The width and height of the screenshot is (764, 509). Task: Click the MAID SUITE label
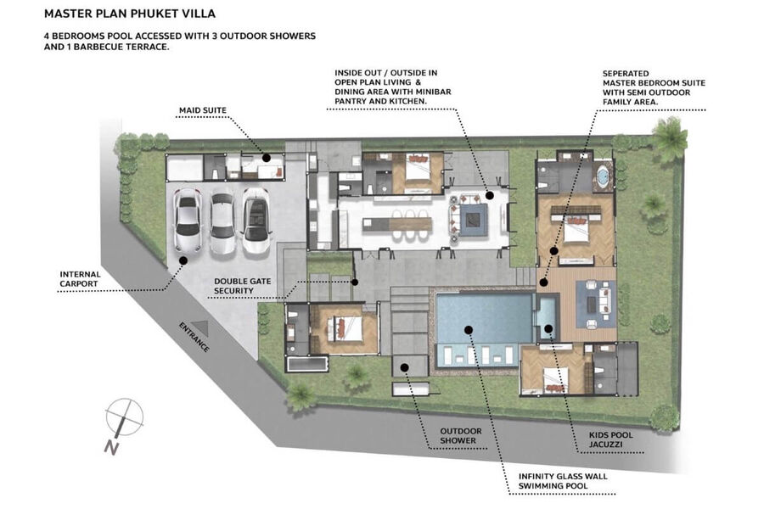(203, 110)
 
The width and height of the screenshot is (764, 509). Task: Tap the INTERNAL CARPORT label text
(80, 279)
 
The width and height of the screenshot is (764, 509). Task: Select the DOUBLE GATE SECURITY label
(242, 286)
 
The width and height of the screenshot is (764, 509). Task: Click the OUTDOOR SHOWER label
(460, 435)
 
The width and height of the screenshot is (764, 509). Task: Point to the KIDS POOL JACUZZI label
(610, 439)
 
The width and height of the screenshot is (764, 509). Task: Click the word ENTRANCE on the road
(194, 338)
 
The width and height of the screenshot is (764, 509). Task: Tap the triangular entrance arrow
(199, 329)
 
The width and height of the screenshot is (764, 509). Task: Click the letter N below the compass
(111, 448)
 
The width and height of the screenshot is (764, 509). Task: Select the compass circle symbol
(125, 417)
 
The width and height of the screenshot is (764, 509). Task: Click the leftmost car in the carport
(188, 221)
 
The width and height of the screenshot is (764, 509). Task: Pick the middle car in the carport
(222, 223)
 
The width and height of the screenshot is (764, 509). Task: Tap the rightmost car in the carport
(256, 221)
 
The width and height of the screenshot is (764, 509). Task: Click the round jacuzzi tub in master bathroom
(603, 176)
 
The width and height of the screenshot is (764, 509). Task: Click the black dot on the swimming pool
(469, 330)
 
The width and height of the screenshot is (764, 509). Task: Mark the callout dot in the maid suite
(267, 158)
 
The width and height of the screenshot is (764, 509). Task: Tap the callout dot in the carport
(183, 260)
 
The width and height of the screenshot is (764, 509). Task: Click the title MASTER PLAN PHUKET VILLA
(130, 14)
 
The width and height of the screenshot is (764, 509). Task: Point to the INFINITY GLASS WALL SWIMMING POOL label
(563, 481)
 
